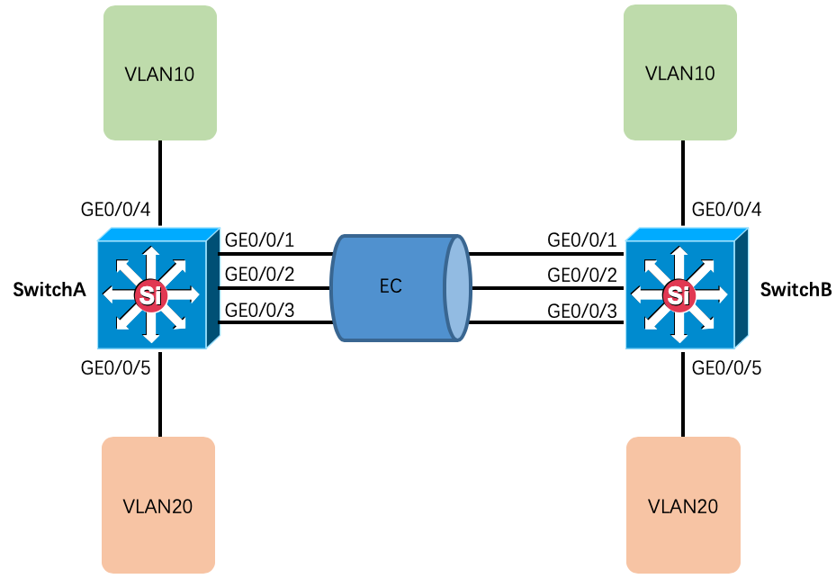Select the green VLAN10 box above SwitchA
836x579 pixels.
coord(160,73)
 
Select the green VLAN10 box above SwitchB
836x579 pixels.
coord(680,73)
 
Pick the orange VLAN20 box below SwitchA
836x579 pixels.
coord(158,505)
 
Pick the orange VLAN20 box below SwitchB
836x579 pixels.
coord(683,505)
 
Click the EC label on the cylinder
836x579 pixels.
coord(391,287)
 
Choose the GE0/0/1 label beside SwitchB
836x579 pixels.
coord(582,240)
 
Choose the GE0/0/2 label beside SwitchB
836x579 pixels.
coord(582,275)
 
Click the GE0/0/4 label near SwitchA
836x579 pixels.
coord(115,211)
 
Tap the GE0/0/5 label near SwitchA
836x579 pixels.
coord(115,367)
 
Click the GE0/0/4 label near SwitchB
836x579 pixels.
coord(725,211)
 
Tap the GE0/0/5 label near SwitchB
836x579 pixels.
coord(725,367)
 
